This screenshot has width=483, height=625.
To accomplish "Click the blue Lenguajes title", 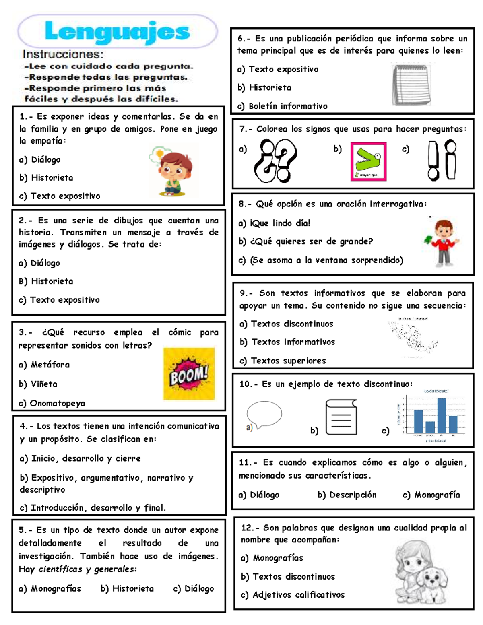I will coord(117,32).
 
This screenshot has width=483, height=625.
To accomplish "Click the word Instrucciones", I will coord(63,54).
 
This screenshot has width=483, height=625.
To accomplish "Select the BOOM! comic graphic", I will coord(189,374).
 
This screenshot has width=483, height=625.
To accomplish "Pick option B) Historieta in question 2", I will coord(46,281).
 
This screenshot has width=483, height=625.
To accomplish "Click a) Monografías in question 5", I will coord(50,588).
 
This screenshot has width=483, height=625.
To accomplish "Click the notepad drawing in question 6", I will coord(411,85).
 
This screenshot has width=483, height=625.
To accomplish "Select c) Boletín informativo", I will coord(282,106).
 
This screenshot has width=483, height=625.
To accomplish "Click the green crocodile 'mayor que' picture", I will coord(368,161).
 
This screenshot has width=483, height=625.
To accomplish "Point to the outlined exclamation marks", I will coord(442,160).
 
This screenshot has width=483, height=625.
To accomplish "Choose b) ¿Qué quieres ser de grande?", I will coord(306,241).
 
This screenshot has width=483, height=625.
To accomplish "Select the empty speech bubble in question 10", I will coord(264,414).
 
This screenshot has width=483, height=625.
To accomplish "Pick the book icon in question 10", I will coord(341,417).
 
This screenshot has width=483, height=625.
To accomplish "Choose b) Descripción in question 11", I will coord(347,495).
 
